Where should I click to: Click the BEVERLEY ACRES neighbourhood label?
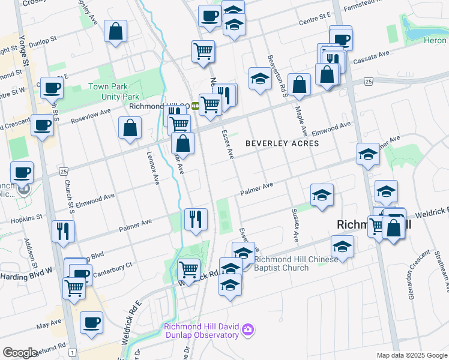click(282, 143)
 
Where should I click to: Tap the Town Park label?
click(107, 87)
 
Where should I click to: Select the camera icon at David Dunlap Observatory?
click(247, 329)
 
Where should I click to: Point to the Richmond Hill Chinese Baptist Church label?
click(290, 263)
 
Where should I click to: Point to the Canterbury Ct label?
click(112, 266)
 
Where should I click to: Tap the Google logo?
click(20, 353)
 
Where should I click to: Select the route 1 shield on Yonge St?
click(71, 352)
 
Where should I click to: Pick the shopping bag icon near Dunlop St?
click(115, 32)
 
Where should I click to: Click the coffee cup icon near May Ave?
click(91, 323)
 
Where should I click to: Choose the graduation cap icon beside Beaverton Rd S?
click(260, 79)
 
